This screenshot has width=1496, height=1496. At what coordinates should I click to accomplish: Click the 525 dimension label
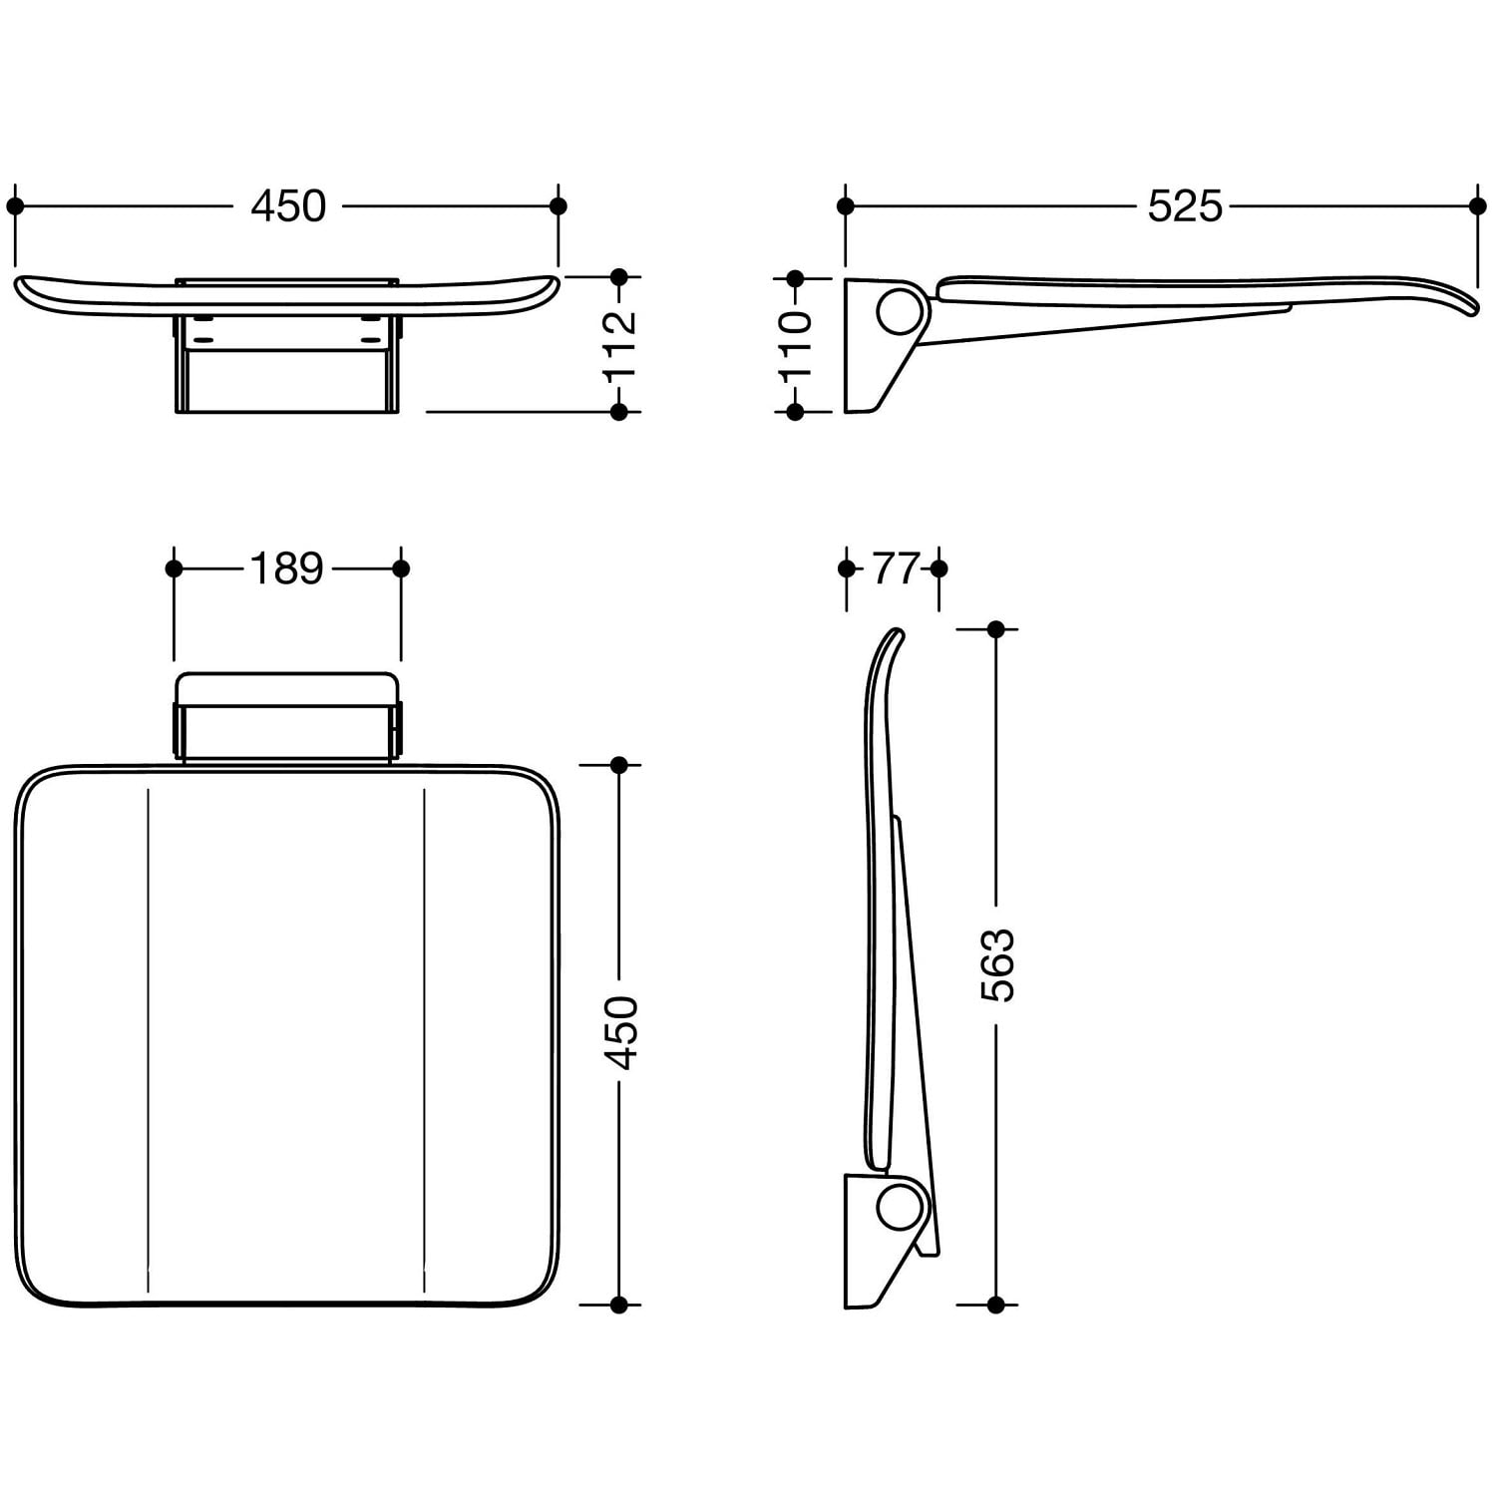point(1185,206)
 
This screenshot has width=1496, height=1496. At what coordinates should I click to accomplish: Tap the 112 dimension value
point(619,344)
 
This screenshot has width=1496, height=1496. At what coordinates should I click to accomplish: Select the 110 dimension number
point(796,344)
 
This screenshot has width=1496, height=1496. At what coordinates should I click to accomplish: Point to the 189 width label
point(287,568)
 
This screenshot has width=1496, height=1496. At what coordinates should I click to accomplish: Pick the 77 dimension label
point(894,568)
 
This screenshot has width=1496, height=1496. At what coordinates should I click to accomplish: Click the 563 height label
point(996,964)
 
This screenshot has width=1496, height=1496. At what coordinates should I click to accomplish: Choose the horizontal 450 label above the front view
point(288,206)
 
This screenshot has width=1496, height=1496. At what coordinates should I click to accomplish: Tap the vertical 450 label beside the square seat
point(620,1032)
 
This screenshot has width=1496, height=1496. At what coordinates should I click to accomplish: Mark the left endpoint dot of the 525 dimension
point(846,206)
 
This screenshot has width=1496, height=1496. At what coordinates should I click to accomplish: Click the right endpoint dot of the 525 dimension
point(1478,206)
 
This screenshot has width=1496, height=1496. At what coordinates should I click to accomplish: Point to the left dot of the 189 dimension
point(175,568)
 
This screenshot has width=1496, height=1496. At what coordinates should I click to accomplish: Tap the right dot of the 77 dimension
point(938,568)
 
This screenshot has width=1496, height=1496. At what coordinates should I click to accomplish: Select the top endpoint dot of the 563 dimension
point(995,629)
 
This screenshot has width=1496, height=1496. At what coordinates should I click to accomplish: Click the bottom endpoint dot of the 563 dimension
point(995,1304)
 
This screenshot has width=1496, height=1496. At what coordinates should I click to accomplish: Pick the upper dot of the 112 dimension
point(619,276)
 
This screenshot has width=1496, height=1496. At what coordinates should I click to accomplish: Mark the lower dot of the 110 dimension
point(795,411)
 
